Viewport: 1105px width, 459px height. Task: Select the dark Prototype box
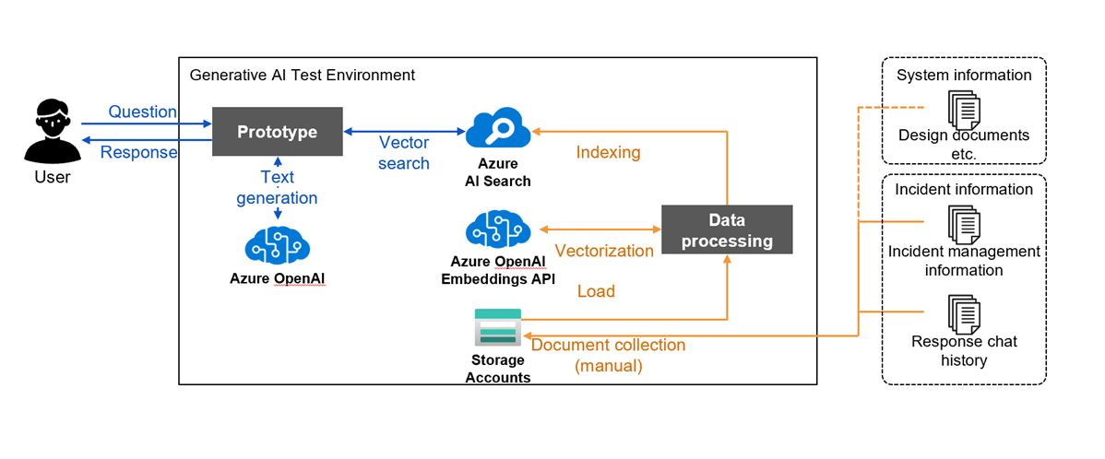pos(277,132)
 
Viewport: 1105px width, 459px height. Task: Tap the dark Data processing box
pos(727,230)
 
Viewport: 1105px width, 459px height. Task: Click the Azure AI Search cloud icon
pos(498,129)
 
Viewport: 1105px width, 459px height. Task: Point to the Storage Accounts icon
pos(497,326)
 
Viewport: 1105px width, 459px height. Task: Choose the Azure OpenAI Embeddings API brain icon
pos(498,230)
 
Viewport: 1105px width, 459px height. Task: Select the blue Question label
pos(142,112)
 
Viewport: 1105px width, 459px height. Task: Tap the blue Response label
pos(138,152)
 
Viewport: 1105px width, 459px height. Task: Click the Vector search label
pos(404,153)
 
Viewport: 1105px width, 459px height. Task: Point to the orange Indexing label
pos(608,152)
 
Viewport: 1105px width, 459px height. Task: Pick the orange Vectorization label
pos(604,251)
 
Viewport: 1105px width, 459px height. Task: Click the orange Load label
pos(596,291)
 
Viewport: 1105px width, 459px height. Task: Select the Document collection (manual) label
pos(608,355)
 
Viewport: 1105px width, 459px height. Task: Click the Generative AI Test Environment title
pos(302,75)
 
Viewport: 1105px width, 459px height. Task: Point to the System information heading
pos(964,75)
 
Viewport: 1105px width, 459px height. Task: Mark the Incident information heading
pos(964,189)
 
